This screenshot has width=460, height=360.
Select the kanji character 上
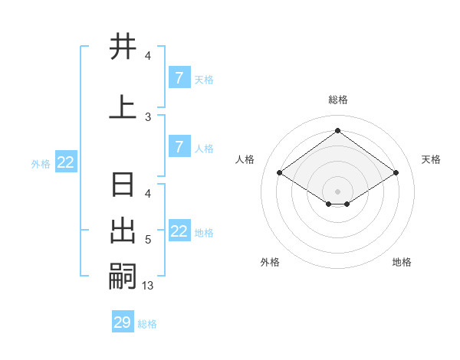click(123, 107)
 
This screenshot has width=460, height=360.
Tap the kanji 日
click(123, 186)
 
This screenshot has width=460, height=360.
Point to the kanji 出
click(123, 231)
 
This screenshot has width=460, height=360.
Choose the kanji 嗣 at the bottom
click(123, 275)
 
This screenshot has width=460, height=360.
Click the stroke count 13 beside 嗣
click(148, 286)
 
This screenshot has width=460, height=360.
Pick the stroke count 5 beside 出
click(148, 240)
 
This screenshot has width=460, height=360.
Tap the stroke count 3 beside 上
click(148, 116)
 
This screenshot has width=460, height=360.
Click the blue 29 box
click(123, 322)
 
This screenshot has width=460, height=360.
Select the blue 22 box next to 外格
click(66, 162)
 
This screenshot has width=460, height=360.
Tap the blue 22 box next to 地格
click(179, 231)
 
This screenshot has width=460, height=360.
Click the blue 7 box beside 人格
click(179, 147)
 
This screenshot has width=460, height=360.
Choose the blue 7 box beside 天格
click(179, 78)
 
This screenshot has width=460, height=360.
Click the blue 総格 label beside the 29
click(147, 324)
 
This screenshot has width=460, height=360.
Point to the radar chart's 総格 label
click(338, 100)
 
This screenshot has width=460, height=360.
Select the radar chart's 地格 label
click(402, 262)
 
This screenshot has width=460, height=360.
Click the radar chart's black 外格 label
click(270, 262)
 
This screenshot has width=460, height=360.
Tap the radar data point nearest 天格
click(396, 173)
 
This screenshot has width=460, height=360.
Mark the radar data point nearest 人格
click(280, 173)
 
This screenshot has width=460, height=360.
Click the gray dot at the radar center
click(338, 191)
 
